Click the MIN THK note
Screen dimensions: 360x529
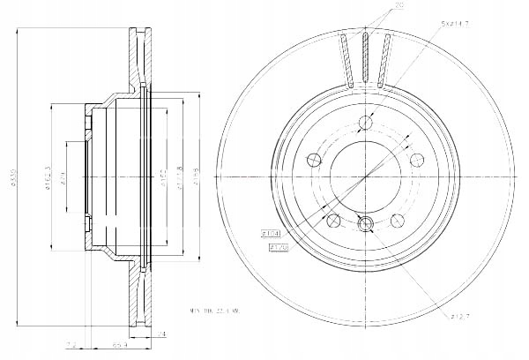point(218,310)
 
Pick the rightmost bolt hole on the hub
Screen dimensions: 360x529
point(418,158)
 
